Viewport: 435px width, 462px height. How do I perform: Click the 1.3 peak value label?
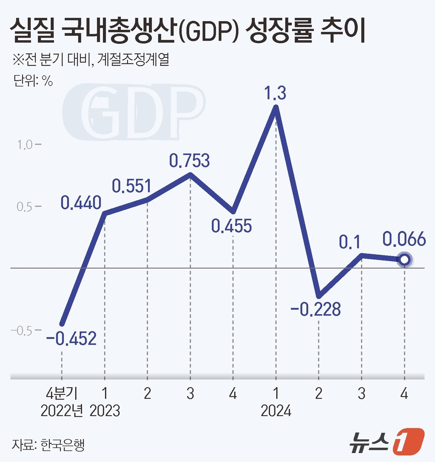[275, 93]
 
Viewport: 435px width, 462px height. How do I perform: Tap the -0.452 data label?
[71, 338]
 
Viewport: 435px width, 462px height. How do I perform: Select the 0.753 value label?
[189, 161]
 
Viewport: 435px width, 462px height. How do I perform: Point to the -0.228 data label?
[316, 309]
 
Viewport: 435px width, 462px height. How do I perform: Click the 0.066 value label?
[404, 239]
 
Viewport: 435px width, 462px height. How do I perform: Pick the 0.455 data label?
[231, 226]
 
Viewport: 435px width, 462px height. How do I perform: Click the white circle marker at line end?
[404, 260]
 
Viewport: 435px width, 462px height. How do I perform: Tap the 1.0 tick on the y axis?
[25, 145]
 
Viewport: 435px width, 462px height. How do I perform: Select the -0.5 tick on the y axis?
[22, 331]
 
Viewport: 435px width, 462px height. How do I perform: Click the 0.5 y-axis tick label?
[25, 207]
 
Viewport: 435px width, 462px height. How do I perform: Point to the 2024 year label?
[276, 411]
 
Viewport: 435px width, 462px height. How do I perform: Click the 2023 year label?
[105, 411]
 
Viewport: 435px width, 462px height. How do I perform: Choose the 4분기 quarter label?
[62, 394]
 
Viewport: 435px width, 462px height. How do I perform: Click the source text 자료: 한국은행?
[48, 445]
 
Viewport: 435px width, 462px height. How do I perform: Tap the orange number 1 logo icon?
[408, 442]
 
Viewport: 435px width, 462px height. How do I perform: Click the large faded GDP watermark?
[134, 112]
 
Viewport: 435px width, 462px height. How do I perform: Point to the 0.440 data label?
[81, 202]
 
